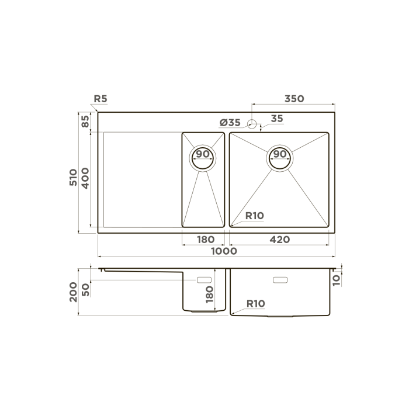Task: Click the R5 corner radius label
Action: [100, 99]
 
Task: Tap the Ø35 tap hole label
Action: [230, 122]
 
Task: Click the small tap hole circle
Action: [252, 123]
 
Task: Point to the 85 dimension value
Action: [85, 122]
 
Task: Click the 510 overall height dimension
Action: [73, 177]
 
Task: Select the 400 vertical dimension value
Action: [85, 177]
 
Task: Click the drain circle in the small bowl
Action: [203, 156]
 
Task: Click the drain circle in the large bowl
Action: [280, 156]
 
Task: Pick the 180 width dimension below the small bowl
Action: [206, 240]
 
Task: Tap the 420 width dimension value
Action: [280, 240]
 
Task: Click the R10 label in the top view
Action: [254, 216]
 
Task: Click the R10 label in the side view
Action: [256, 303]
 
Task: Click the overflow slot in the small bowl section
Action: [204, 280]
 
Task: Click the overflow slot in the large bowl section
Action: [280, 280]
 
